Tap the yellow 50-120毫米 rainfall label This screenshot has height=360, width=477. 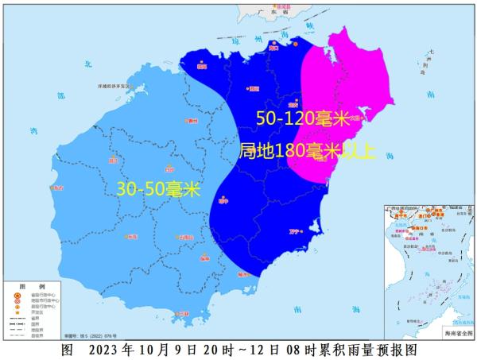pyautogui.click(x=303, y=119)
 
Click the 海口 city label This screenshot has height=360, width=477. pyautogui.click(x=274, y=48)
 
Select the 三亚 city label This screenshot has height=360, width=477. pyautogui.click(x=184, y=314)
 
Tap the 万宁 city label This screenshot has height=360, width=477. pyautogui.click(x=295, y=231)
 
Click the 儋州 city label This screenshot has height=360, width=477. pyautogui.click(x=191, y=122)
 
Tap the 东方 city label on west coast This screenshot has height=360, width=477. pyautogui.click(x=55, y=188)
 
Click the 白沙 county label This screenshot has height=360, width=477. pyautogui.click(x=168, y=169)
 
